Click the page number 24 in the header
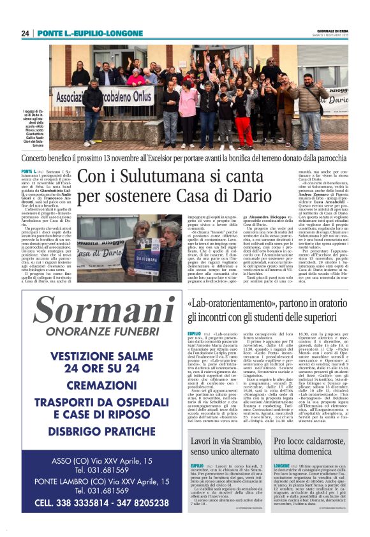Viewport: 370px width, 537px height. [x=26, y=33]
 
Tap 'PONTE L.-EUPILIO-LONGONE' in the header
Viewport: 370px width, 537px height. [x=89, y=33]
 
